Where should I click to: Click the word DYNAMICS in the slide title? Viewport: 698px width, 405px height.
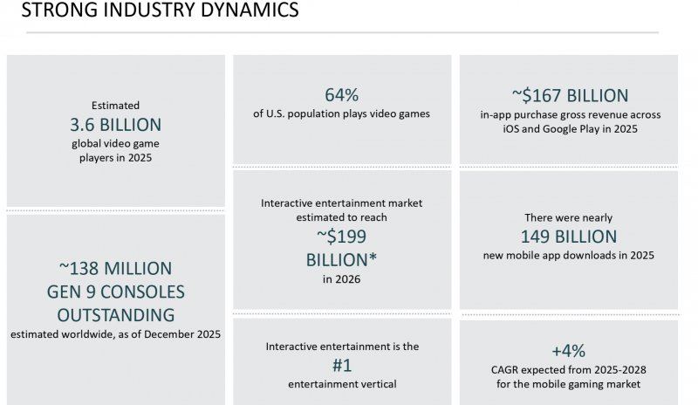pos(247,11)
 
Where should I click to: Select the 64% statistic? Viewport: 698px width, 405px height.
pos(342,94)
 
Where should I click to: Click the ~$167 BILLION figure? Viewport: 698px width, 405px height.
pos(569,95)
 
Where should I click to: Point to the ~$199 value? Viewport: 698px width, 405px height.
pos(342,236)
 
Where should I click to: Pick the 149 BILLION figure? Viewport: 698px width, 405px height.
pos(569,236)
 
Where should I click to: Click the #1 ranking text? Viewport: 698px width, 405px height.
pos(342,366)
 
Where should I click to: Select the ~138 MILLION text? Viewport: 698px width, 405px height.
pos(115,268)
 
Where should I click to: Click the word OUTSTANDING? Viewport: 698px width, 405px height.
pos(115,314)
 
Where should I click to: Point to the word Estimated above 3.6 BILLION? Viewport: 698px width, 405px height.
pos(115,104)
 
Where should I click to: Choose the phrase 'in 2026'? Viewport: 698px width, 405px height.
pos(342,280)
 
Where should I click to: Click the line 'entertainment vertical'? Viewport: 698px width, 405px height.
pos(342,385)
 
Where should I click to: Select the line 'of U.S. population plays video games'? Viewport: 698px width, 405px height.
pos(342,114)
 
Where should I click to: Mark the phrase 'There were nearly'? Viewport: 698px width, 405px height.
pos(569,217)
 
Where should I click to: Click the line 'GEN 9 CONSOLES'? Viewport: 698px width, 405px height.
pos(115,292)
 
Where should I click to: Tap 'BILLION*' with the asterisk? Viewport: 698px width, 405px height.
pos(342,259)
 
